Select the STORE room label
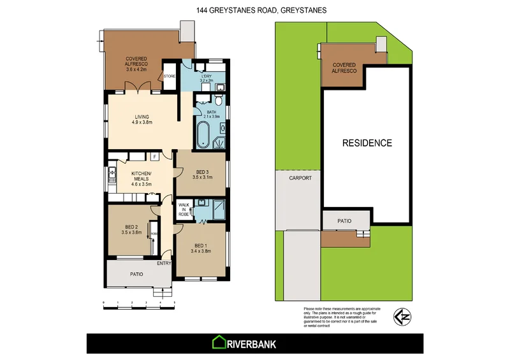click(170, 76)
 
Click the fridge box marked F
click(154, 156)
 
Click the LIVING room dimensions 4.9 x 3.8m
click(141, 122)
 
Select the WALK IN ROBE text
click(183, 210)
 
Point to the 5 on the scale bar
click(175, 302)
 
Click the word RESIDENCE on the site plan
click(367, 143)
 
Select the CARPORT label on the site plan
click(300, 178)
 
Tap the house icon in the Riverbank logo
click(220, 343)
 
